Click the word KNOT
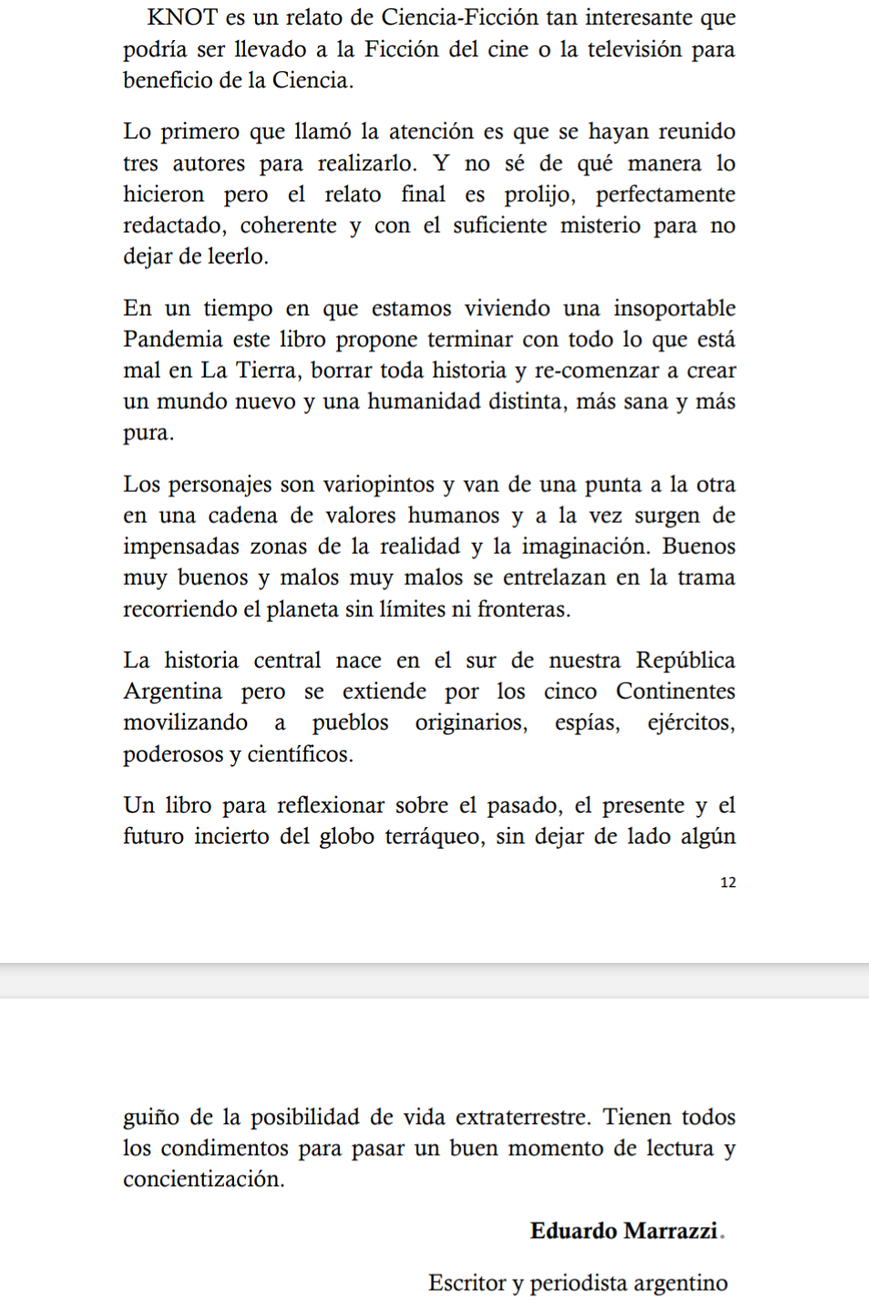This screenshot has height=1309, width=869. [x=182, y=17]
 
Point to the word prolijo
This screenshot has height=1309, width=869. [x=540, y=194]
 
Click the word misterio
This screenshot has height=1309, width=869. [x=600, y=226]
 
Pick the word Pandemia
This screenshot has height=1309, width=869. [x=173, y=340]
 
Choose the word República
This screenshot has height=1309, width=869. [x=685, y=660]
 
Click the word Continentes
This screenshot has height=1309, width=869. [x=675, y=691]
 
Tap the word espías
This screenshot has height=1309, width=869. [x=588, y=723]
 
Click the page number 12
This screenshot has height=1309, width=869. [x=728, y=883]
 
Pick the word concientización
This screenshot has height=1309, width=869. [x=204, y=1180]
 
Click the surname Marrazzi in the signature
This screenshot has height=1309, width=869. [x=673, y=1232]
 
